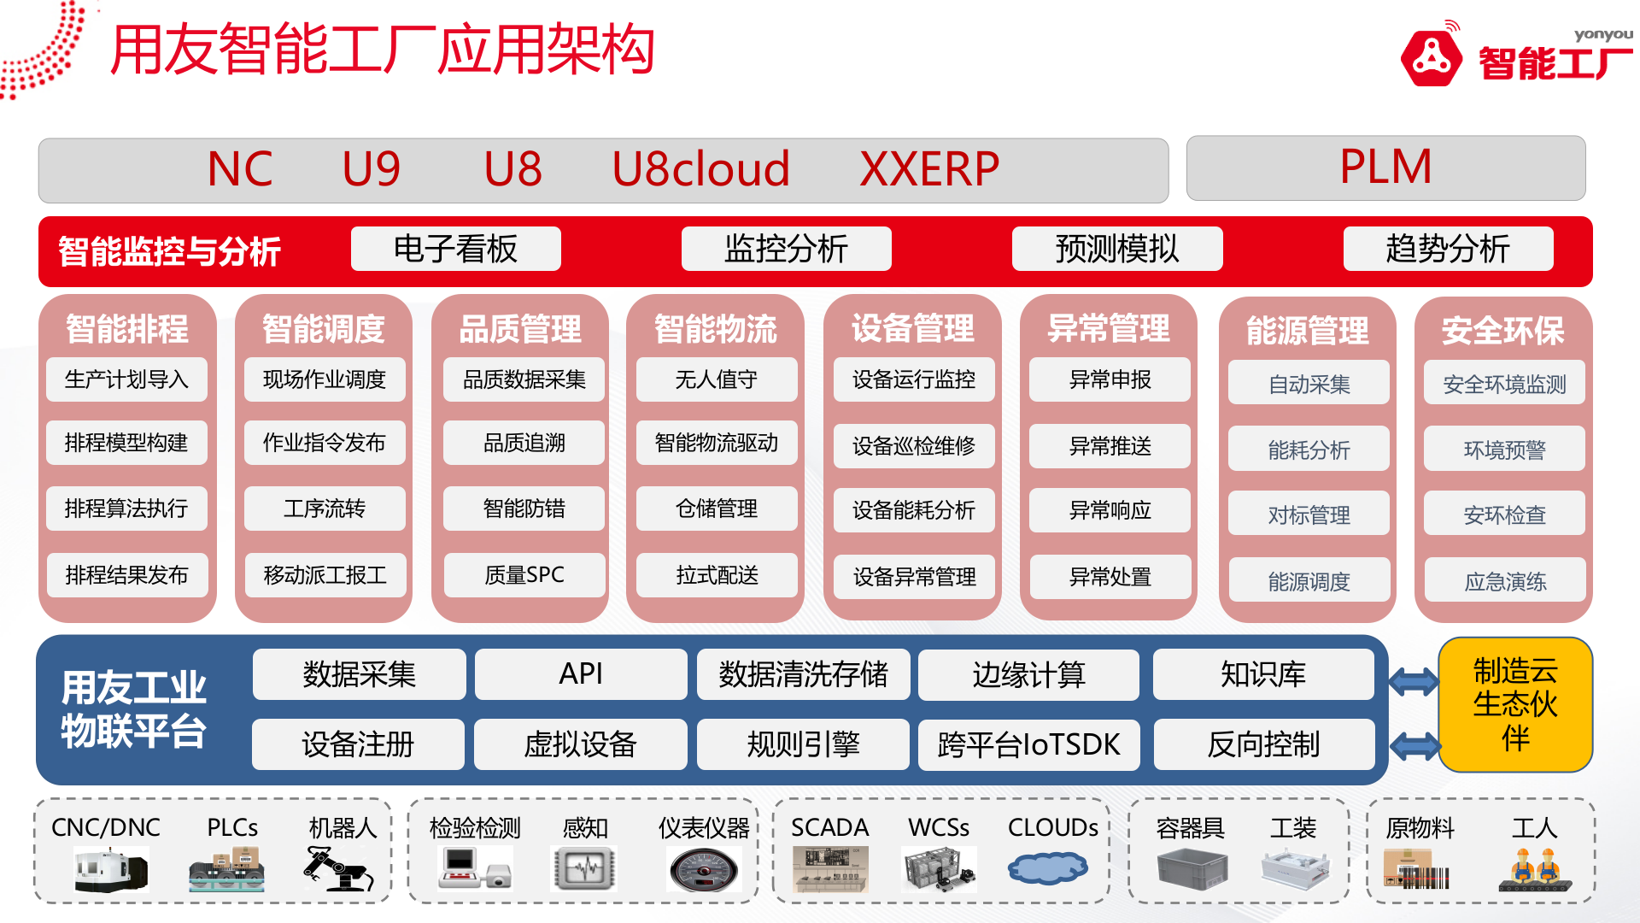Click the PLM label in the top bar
pyautogui.click(x=1385, y=167)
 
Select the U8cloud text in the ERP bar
pyautogui.click(x=700, y=169)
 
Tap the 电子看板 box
pyautogui.click(x=455, y=249)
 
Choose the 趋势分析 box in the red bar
pyautogui.click(x=1448, y=249)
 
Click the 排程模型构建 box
pyautogui.click(x=126, y=443)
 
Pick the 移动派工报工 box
pyautogui.click(x=325, y=575)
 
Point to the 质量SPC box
pyautogui.click(x=524, y=575)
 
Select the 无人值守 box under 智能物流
pyautogui.click(x=716, y=379)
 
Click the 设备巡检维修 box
pyautogui.click(x=913, y=445)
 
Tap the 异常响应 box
pyautogui.click(x=1110, y=510)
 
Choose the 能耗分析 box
pyautogui.click(x=1309, y=450)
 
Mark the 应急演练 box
pyautogui.click(x=1505, y=581)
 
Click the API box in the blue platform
pyautogui.click(x=581, y=673)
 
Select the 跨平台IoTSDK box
pyautogui.click(x=1028, y=744)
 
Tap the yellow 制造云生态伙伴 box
pyautogui.click(x=1515, y=704)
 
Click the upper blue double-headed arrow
pyautogui.click(x=1414, y=681)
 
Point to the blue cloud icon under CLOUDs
pyautogui.click(x=1048, y=868)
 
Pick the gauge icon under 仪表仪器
pyautogui.click(x=703, y=871)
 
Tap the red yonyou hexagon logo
pyautogui.click(x=1431, y=58)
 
